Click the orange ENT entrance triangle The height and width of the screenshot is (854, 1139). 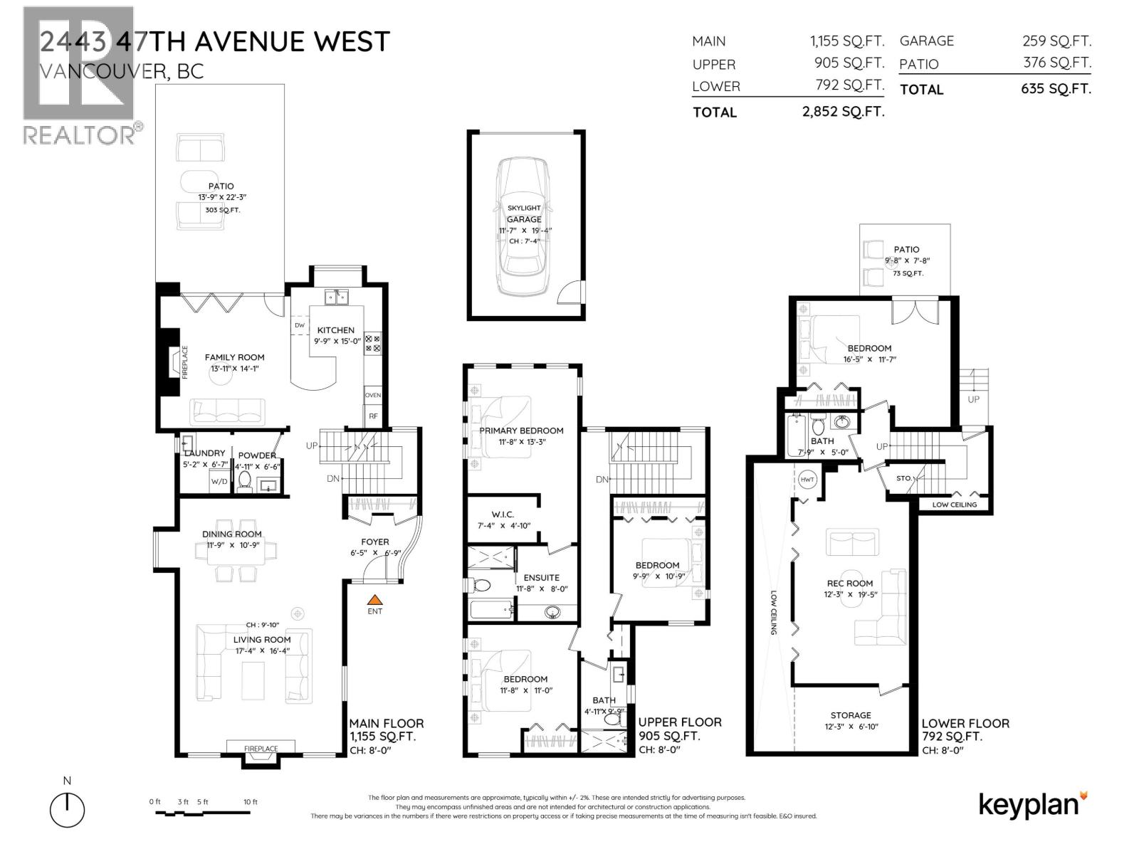tap(374, 600)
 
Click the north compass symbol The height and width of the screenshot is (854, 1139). tap(67, 809)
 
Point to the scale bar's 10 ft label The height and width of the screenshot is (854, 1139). tap(250, 802)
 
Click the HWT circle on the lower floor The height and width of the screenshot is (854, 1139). tap(807, 479)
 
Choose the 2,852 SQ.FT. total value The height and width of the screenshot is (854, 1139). tap(843, 112)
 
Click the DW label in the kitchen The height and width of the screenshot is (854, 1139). tap(299, 326)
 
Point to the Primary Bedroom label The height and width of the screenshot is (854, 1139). tap(521, 431)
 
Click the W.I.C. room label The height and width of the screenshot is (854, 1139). tap(502, 515)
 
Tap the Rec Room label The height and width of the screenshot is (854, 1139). tap(850, 584)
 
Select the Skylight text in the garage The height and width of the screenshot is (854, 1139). tap(524, 208)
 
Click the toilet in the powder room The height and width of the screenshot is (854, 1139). tap(244, 480)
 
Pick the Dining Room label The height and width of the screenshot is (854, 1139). tap(232, 534)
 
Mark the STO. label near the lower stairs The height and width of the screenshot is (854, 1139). tap(903, 478)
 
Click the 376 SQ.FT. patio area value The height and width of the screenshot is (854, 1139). tap(1057, 63)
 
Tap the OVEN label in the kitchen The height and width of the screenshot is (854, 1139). tap(373, 395)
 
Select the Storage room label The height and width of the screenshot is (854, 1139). tap(851, 715)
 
